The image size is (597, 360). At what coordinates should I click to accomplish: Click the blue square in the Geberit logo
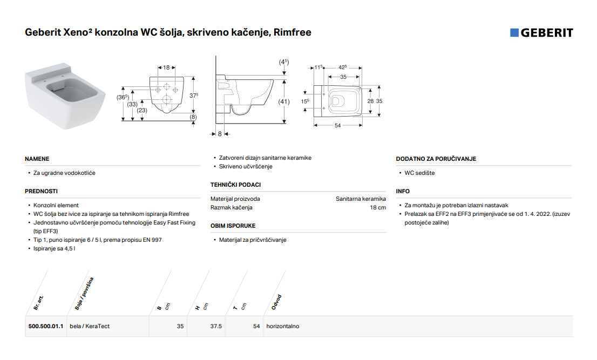click(514, 33)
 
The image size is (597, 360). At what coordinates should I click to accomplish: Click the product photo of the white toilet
click(65, 96)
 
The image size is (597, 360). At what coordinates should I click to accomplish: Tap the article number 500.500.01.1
click(46, 326)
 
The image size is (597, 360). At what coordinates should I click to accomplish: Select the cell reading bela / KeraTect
click(90, 326)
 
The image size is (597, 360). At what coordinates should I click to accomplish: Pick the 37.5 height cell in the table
click(216, 326)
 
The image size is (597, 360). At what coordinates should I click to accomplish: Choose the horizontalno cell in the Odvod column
click(282, 326)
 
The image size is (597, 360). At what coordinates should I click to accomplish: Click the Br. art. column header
click(38, 303)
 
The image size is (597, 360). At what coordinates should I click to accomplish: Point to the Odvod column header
click(276, 302)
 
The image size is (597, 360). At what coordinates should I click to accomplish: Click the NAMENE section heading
click(37, 159)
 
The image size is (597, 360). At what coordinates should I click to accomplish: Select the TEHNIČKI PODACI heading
click(236, 185)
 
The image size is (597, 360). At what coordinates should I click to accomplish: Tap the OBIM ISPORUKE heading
click(233, 226)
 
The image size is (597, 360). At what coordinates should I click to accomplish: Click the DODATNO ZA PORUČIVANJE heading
click(436, 159)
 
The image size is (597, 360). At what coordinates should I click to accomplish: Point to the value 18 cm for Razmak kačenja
click(378, 207)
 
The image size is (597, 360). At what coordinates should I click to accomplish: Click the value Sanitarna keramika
click(361, 199)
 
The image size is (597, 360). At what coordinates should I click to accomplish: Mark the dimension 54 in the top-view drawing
click(338, 125)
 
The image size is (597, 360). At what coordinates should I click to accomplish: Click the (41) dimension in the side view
click(283, 101)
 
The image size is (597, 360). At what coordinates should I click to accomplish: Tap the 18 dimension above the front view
click(166, 67)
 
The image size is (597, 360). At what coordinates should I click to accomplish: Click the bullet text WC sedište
click(419, 173)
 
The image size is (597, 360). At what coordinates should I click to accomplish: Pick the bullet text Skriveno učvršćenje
click(246, 166)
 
